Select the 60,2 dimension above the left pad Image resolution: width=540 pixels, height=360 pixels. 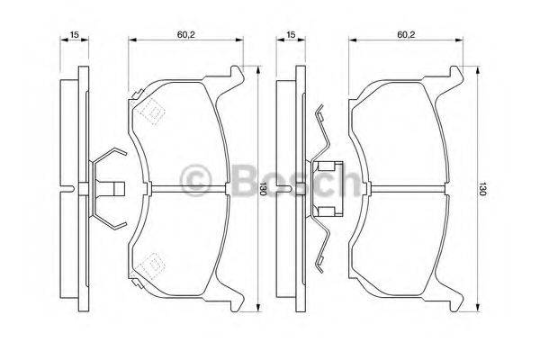point(186,34)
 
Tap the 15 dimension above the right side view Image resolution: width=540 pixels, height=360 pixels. point(289,34)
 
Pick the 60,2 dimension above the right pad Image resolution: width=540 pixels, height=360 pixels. point(406,34)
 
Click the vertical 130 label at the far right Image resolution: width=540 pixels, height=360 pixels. point(483,189)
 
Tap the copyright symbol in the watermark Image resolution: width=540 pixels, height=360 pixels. point(196,181)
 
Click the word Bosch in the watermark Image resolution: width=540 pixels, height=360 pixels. point(288,181)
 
